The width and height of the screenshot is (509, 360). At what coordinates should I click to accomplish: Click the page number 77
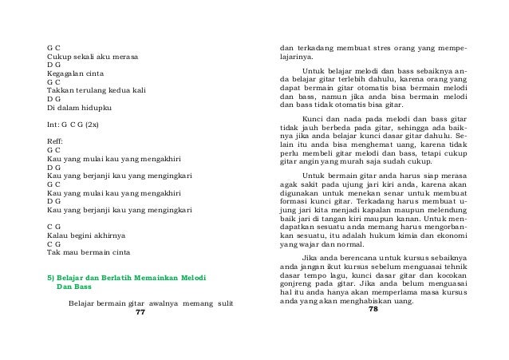point(140,312)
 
